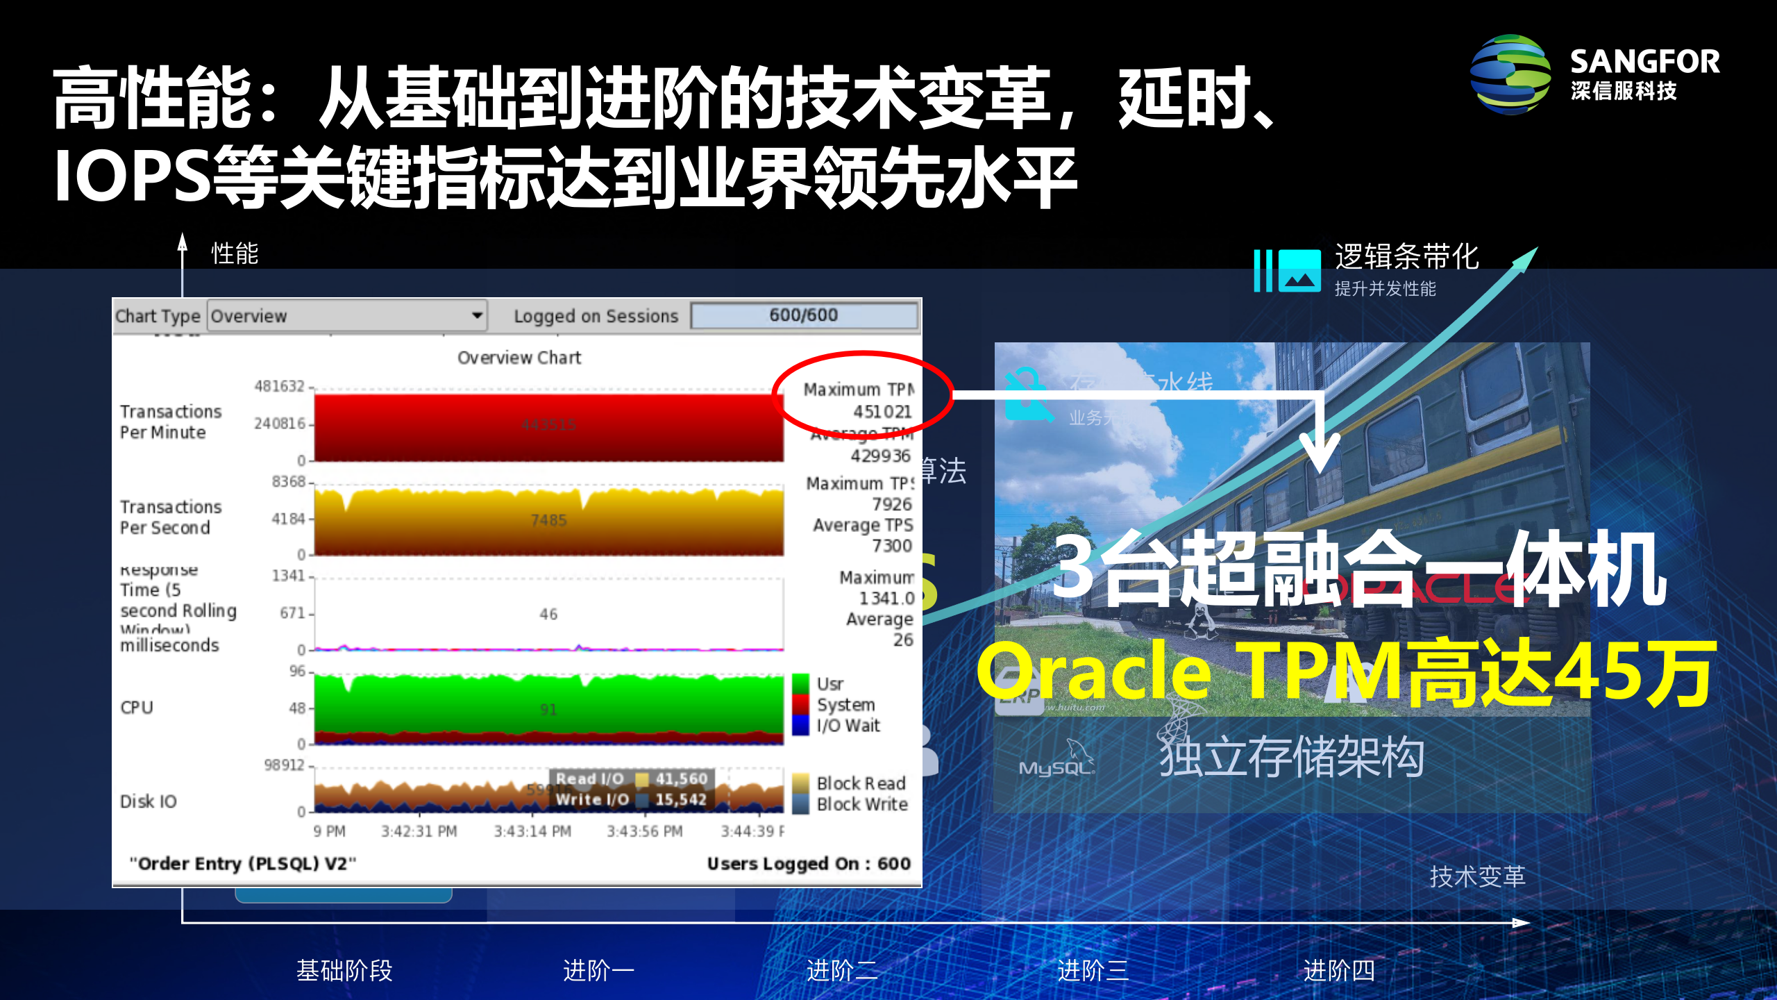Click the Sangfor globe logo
(x=1510, y=75)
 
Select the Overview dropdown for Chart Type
(x=347, y=316)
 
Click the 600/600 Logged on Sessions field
(x=804, y=315)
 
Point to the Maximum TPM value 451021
(x=882, y=412)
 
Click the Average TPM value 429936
(x=880, y=456)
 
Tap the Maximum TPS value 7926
(x=891, y=504)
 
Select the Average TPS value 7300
(x=891, y=546)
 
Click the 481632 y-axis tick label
(x=279, y=386)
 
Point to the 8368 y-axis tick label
(x=288, y=482)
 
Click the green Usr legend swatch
(x=800, y=684)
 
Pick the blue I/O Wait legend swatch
(x=800, y=726)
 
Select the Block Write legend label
(x=862, y=804)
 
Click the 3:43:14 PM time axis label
(x=532, y=831)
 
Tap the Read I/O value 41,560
(x=681, y=779)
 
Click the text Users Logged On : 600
(x=808, y=864)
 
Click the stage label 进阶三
(x=1093, y=970)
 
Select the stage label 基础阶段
(x=344, y=970)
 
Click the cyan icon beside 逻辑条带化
(x=1288, y=271)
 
